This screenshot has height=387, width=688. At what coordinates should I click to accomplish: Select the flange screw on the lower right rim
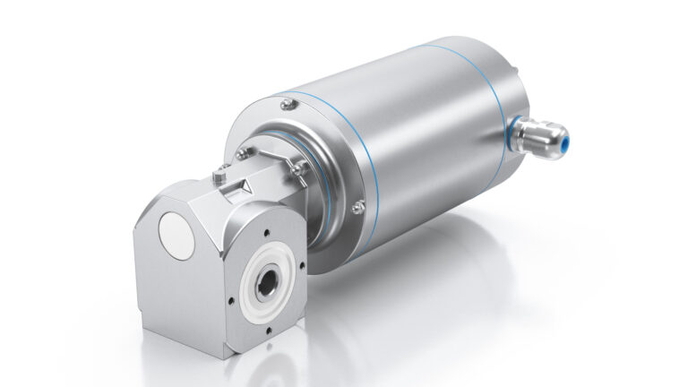point(357,208)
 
